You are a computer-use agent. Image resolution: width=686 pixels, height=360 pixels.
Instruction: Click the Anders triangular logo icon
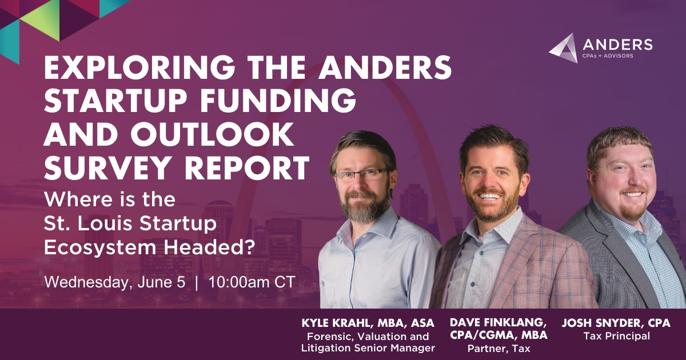click(x=564, y=48)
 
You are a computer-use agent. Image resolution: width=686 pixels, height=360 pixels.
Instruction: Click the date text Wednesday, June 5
click(x=115, y=282)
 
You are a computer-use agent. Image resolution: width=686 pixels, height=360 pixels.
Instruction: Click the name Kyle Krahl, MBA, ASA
click(x=368, y=323)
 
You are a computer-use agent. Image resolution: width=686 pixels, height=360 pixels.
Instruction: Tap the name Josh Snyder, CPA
click(x=616, y=323)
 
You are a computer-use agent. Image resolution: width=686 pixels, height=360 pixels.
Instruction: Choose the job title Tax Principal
click(x=616, y=336)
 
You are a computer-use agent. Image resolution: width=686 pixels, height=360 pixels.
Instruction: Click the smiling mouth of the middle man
click(x=491, y=196)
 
